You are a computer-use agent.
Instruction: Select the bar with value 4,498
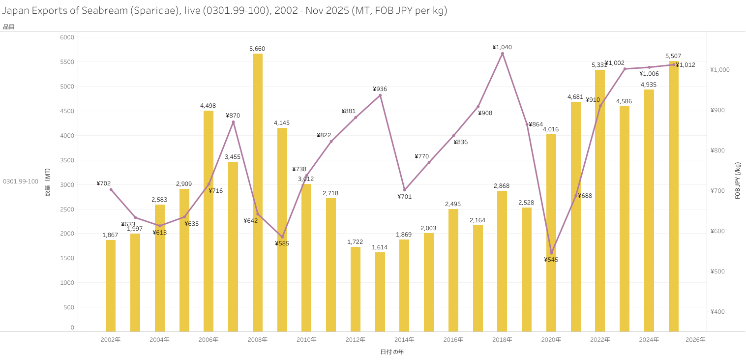tap(209, 221)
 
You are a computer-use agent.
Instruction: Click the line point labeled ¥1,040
tap(502, 54)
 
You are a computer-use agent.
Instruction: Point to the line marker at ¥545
tap(551, 253)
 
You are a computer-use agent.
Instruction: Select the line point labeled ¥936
tap(380, 95)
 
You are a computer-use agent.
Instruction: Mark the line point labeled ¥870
tap(233, 122)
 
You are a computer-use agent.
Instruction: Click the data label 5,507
tap(673, 56)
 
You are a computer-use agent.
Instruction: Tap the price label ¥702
tap(104, 183)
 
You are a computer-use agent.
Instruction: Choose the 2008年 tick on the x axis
tap(258, 340)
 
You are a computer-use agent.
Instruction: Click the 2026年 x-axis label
tap(695, 340)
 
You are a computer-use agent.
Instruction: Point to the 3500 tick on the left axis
tap(67, 160)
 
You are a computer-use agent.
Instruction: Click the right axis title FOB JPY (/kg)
tap(738, 180)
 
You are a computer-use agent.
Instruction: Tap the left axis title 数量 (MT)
tap(48, 182)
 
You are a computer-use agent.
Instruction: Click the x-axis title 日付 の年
tap(392, 352)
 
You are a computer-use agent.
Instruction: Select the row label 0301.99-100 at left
tap(21, 181)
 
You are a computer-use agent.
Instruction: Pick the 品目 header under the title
tap(9, 27)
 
